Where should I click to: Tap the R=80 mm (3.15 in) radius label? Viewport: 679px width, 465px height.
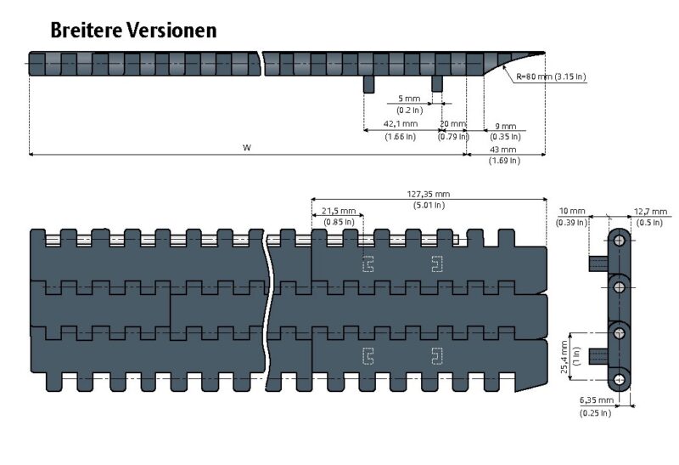(x=550, y=77)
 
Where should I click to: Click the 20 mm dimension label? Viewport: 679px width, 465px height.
(x=452, y=125)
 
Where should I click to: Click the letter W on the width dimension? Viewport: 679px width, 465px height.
(x=247, y=148)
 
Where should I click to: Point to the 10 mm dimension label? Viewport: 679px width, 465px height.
(x=573, y=211)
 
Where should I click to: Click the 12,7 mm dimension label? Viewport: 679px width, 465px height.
(x=651, y=211)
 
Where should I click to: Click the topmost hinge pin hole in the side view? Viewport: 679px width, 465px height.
(x=620, y=241)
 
